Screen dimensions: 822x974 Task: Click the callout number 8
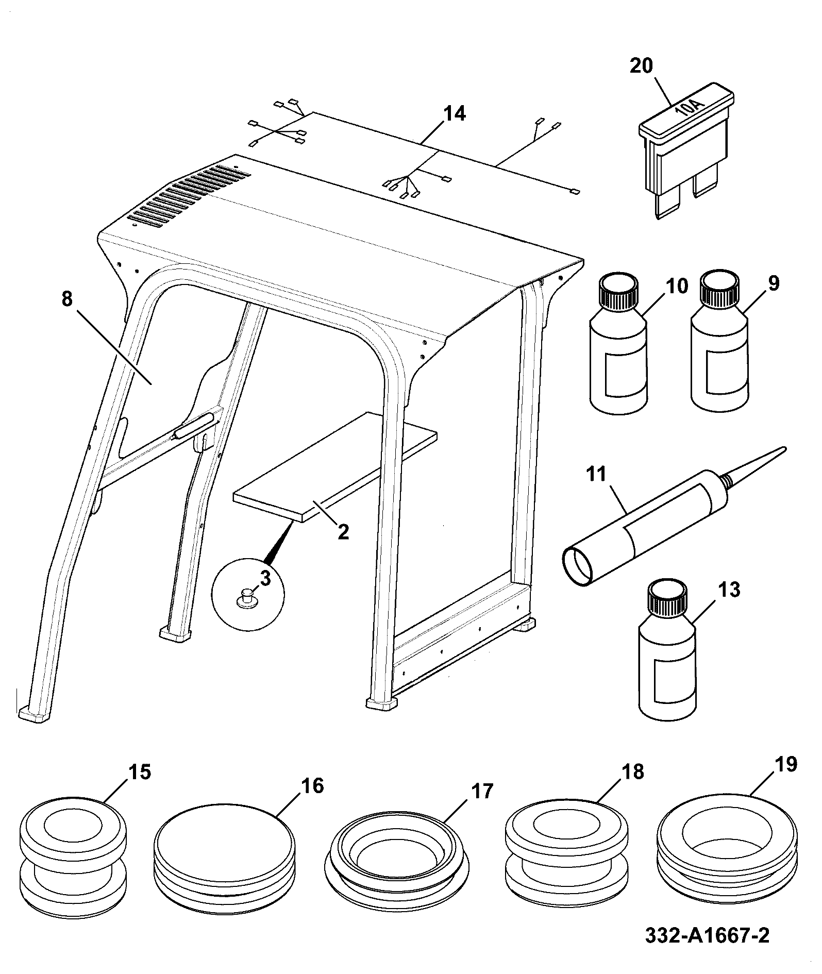67,299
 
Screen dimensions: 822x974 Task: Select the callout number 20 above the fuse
641,66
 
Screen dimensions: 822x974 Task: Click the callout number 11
597,473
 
